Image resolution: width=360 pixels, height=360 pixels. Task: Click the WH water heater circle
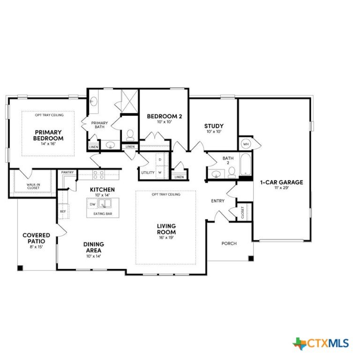[246, 144]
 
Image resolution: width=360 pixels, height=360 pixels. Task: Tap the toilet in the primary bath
[130, 135]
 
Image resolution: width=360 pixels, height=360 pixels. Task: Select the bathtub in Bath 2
[246, 165]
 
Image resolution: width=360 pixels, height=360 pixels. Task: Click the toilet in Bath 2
[232, 172]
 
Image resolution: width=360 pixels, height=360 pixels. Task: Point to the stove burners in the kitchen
[99, 175]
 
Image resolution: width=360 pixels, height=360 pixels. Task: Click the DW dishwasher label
[92, 204]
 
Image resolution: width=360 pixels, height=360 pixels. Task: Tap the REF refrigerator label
[63, 211]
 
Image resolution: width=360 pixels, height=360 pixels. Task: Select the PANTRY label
[67, 172]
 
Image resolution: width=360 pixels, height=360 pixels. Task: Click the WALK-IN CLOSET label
[33, 186]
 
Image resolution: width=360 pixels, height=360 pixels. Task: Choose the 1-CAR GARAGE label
[281, 182]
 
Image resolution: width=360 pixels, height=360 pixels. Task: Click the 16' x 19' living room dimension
[166, 238]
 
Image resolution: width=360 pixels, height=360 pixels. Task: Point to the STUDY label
[214, 126]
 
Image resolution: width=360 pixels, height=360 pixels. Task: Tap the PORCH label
[229, 243]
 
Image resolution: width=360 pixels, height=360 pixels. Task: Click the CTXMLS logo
[321, 344]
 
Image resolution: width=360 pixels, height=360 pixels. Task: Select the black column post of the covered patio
[21, 268]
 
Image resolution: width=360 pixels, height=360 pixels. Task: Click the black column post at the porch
[251, 258]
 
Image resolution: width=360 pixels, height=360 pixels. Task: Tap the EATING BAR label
[103, 214]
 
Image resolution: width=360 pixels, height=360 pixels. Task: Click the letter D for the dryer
[160, 159]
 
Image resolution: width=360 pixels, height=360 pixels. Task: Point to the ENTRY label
[217, 201]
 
